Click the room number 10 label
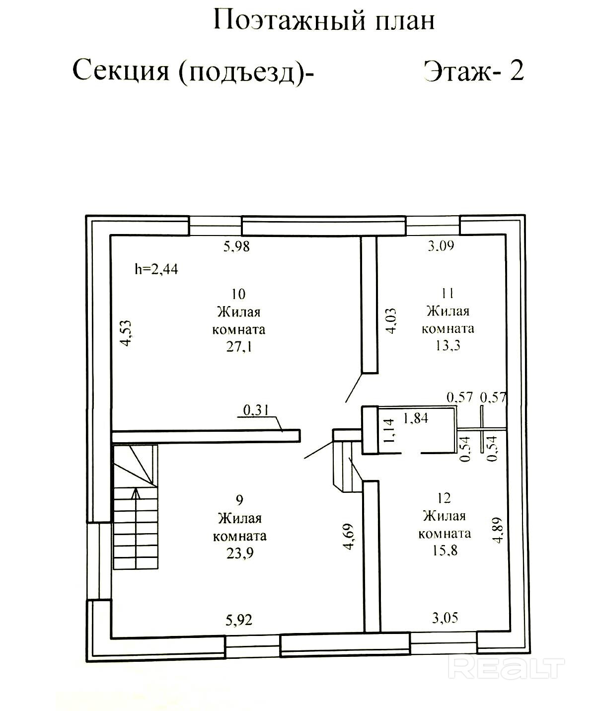pyautogui.click(x=238, y=294)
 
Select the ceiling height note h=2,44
pyautogui.click(x=156, y=269)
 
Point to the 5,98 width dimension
pyautogui.click(x=236, y=246)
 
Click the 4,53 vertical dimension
pyautogui.click(x=127, y=333)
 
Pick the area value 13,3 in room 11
pyautogui.click(x=447, y=346)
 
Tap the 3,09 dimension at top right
pyautogui.click(x=441, y=245)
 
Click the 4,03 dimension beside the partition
pyautogui.click(x=392, y=321)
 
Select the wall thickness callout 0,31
pyautogui.click(x=256, y=410)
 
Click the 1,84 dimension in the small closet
pyautogui.click(x=416, y=418)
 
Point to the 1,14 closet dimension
pyautogui.click(x=389, y=431)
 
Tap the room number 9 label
pyautogui.click(x=239, y=500)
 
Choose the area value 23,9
pyautogui.click(x=239, y=553)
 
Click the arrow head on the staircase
pyautogui.click(x=136, y=493)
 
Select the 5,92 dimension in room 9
pyautogui.click(x=238, y=620)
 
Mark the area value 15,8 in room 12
pyautogui.click(x=445, y=551)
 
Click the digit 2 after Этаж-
pyautogui.click(x=517, y=71)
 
